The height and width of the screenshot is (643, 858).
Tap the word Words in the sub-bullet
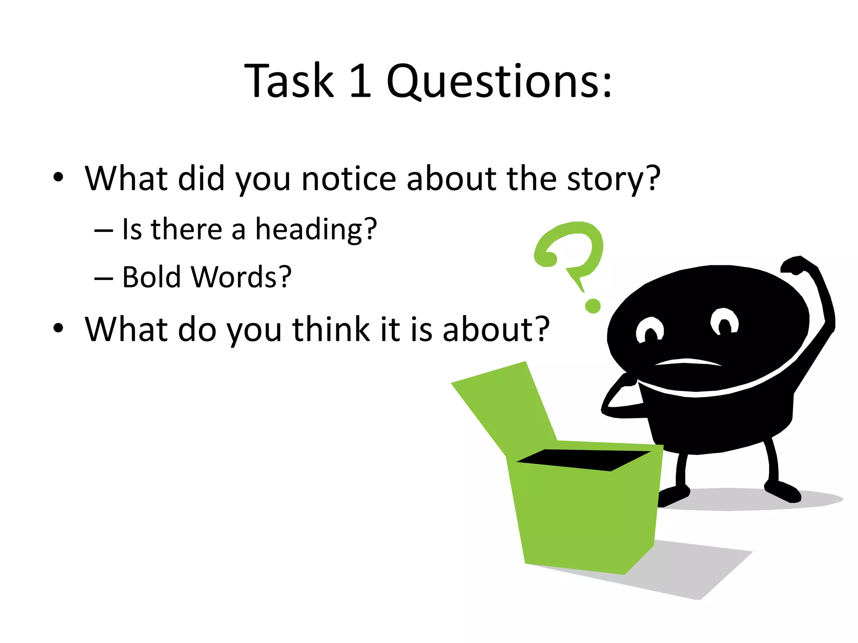tap(240, 277)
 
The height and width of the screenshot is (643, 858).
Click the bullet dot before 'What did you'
tap(58, 177)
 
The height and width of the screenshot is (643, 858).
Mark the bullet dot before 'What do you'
tap(58, 328)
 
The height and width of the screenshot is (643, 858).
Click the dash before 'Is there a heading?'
tap(103, 231)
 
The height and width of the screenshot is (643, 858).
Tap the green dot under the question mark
tap(592, 306)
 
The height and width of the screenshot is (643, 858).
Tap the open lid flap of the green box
tap(507, 406)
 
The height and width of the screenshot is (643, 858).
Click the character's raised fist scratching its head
tap(798, 266)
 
